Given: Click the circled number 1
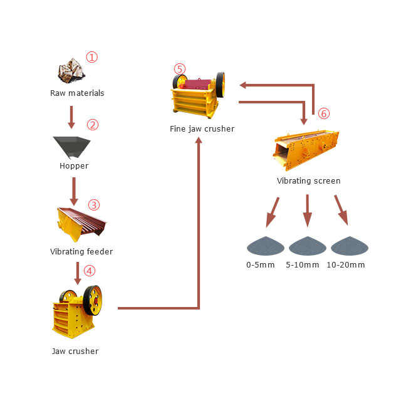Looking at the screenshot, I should click(92, 58).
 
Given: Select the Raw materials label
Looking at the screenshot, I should click(77, 93).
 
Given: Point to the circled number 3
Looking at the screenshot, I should click(93, 205).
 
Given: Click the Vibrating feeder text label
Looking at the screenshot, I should click(81, 252).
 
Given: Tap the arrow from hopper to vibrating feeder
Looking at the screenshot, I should click(74, 191).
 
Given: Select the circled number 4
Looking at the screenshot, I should click(90, 271).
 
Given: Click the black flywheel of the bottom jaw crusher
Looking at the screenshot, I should click(93, 300).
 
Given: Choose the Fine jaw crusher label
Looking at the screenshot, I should click(202, 129).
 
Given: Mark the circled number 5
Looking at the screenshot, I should click(180, 69).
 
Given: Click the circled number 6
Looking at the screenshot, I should click(323, 113).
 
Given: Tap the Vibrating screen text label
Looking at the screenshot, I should click(308, 181).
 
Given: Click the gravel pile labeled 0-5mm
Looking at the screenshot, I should click(265, 246).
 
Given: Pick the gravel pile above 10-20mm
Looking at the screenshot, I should click(349, 246).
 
